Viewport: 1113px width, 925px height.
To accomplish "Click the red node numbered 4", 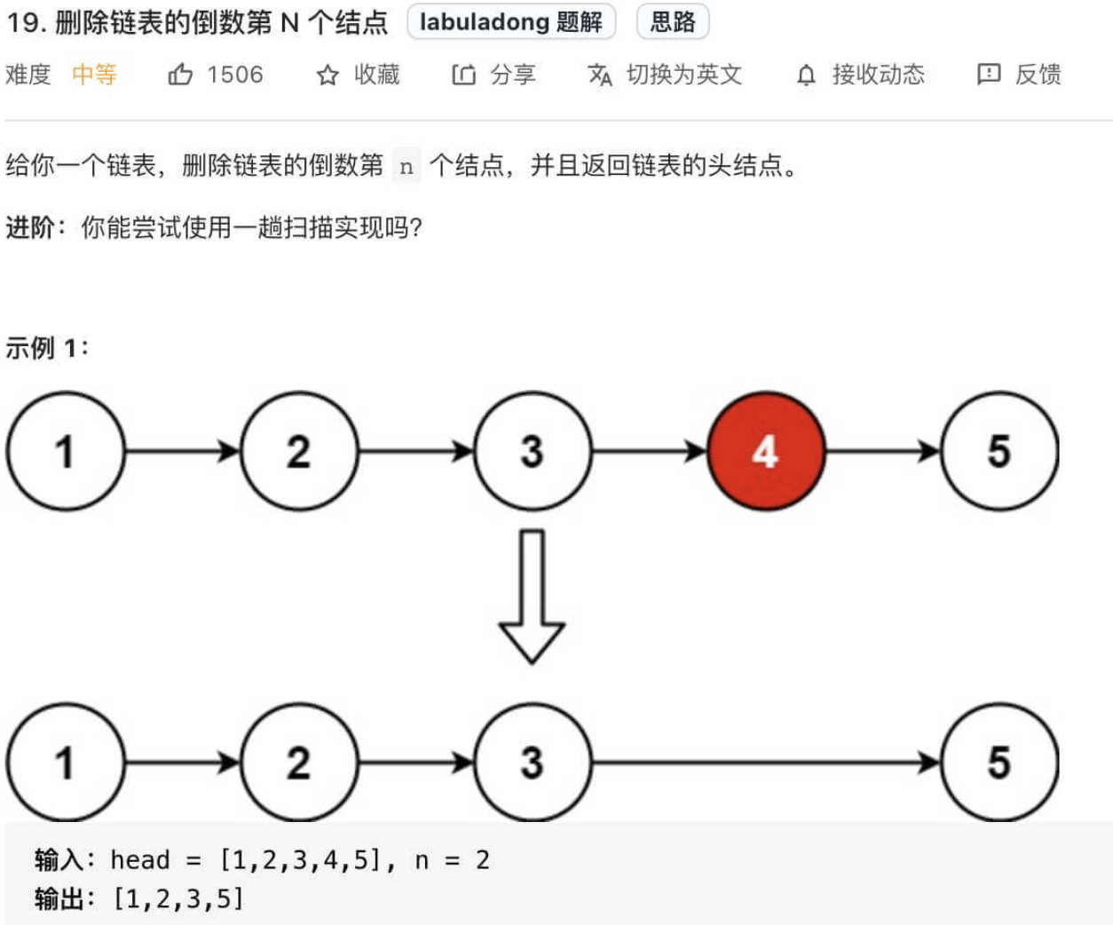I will coord(766,451).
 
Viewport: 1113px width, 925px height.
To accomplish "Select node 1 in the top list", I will coord(65,451).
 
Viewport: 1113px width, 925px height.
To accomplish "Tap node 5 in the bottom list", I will coord(999,762).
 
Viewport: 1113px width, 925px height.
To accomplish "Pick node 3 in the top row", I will coord(533,451).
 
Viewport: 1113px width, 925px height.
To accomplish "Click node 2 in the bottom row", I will coord(299,762).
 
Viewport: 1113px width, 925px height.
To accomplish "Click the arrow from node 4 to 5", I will coord(882,451).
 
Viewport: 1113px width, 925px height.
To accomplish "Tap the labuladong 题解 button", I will coord(511,22).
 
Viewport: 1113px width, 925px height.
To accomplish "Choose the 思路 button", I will coord(673,22).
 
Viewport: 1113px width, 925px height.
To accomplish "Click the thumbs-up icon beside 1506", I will coord(180,75).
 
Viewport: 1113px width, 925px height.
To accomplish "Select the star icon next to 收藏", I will coord(328,75).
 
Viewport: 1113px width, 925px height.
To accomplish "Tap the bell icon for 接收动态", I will coord(806,75).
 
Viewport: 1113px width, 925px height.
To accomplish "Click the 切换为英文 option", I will coord(683,75).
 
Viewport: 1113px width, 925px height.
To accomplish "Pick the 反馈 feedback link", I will coord(1037,75).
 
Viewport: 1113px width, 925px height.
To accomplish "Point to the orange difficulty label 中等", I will coord(94,75).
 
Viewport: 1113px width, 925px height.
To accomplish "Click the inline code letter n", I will coord(407,166).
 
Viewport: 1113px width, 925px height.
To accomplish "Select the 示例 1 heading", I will coord(47,347).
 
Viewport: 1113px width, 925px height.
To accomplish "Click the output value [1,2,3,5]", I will coord(178,898).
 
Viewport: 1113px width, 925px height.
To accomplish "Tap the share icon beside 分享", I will coord(463,75).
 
